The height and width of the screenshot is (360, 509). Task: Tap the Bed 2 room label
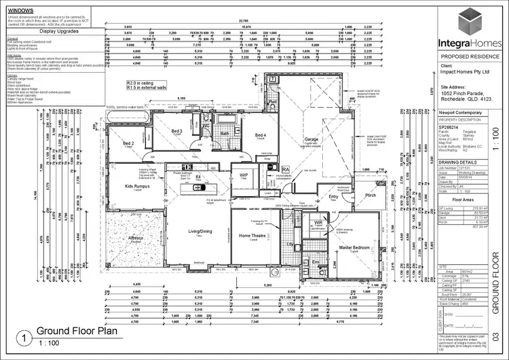point(128,143)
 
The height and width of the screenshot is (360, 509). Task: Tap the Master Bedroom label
point(354,248)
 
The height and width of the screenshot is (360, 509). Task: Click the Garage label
point(311,139)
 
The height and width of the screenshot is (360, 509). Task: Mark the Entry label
point(333,197)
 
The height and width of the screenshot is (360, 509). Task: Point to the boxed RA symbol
point(286,169)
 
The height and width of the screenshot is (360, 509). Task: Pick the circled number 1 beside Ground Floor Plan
point(24,337)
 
